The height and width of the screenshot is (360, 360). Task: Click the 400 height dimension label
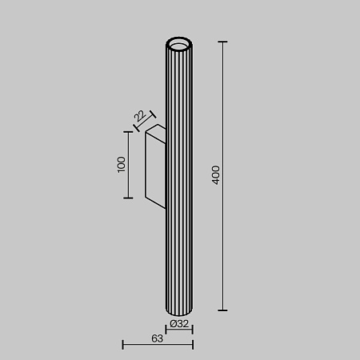coord(215,175)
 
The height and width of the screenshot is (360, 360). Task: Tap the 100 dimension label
coord(121,164)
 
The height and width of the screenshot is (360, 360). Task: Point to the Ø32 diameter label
coord(180,324)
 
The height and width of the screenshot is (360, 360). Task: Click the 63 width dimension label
coord(157,339)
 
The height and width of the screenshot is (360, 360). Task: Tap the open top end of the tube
coord(180,42)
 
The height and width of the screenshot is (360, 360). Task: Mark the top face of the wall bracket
coord(156,130)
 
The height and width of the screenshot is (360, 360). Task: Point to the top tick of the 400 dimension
coord(222,41)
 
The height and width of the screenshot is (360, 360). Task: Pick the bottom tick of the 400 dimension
coord(222,310)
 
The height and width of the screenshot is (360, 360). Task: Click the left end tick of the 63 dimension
coord(122,345)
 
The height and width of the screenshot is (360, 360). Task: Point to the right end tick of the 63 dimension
coord(193,345)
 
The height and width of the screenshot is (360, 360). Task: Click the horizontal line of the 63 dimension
coord(158,345)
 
